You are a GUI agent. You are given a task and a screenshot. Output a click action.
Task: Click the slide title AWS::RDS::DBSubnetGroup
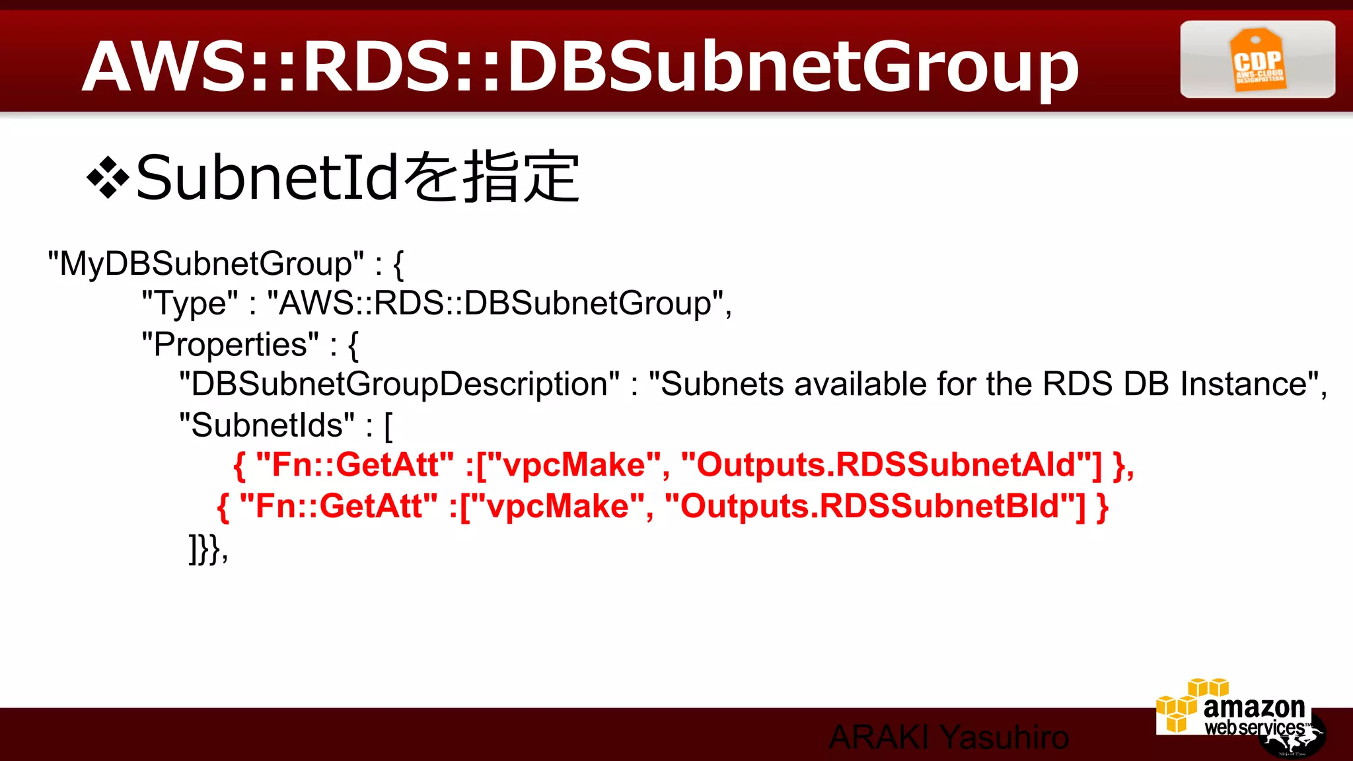(580, 66)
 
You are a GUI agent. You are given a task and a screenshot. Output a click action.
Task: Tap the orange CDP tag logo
(1257, 59)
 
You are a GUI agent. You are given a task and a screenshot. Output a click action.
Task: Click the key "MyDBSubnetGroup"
(205, 264)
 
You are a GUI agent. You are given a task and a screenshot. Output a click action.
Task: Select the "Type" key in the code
(190, 304)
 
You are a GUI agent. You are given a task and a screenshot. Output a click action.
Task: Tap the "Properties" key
(231, 344)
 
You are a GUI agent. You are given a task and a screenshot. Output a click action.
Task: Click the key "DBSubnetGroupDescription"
(400, 384)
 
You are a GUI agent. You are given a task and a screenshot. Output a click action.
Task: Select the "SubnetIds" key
(267, 425)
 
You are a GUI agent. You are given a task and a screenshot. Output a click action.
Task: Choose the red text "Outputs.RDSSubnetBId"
(875, 507)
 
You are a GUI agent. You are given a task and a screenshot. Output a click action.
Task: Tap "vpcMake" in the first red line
(573, 465)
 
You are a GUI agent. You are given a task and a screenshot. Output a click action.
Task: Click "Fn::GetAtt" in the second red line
(338, 507)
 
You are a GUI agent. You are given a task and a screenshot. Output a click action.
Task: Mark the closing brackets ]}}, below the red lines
(208, 548)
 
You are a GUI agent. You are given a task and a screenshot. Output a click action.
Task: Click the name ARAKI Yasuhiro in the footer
(949, 737)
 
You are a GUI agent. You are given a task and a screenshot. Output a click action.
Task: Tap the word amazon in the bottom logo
(1254, 707)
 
